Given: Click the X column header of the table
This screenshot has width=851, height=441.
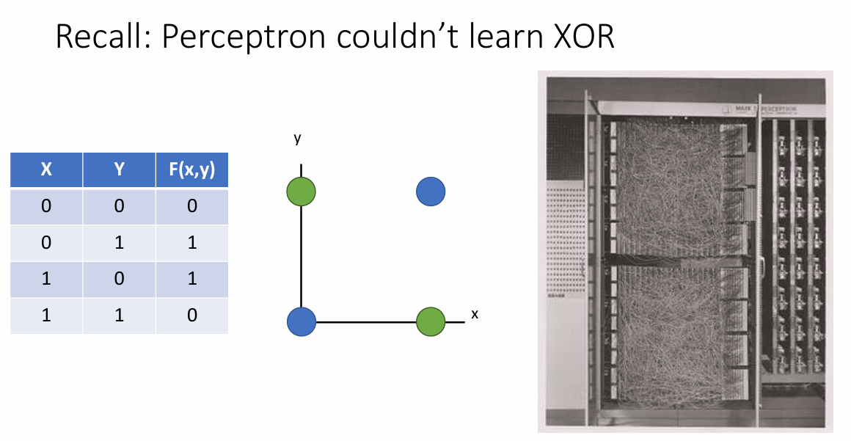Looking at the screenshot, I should (x=46, y=170).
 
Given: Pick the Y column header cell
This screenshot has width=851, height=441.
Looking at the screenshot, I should (x=119, y=170).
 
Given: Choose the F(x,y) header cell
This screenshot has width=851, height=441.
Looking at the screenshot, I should (x=191, y=170).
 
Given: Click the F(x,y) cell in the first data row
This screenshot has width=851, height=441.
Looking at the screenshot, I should (x=191, y=206).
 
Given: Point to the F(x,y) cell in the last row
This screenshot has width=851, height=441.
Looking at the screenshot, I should (x=191, y=316).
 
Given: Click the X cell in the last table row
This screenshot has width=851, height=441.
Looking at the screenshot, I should (x=46, y=316).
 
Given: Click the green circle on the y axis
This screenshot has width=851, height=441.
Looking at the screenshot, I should (x=301, y=192).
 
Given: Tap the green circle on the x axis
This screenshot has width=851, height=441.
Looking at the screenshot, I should (x=431, y=321).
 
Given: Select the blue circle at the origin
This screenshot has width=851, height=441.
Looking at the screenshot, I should (x=301, y=321).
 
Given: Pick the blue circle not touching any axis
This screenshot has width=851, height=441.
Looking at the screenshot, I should (x=431, y=192).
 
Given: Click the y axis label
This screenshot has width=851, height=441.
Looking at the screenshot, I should (x=297, y=138).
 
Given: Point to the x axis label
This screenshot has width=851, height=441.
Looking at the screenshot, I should (x=475, y=314).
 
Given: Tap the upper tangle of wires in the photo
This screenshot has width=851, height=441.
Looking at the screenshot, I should (x=664, y=183).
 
